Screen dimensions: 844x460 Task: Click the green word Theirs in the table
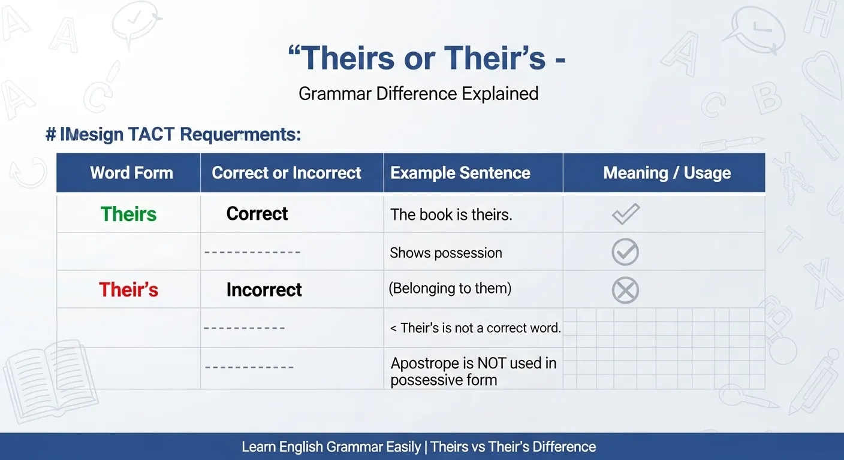[128, 214]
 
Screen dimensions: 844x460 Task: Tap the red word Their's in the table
[128, 289]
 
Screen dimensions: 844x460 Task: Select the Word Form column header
[131, 172]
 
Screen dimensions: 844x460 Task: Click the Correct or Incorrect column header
[287, 172]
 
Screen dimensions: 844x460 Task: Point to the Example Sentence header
[460, 172]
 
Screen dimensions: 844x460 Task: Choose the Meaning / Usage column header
[667, 172]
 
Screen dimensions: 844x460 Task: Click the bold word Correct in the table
[257, 213]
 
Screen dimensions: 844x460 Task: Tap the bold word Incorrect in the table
[264, 289]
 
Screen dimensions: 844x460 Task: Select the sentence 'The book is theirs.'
[451, 214]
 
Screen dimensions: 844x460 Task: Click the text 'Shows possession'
[446, 253]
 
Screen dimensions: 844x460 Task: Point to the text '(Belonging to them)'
[450, 288]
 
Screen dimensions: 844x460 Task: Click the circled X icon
[625, 290]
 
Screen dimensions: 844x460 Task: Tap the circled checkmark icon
[625, 252]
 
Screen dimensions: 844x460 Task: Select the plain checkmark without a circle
[626, 214]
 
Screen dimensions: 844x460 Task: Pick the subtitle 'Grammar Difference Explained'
[418, 93]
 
